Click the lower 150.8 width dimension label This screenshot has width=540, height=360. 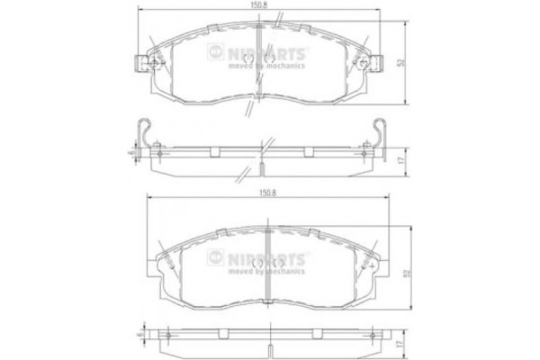tap(266, 192)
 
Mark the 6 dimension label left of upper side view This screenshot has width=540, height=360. tap(132, 154)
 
